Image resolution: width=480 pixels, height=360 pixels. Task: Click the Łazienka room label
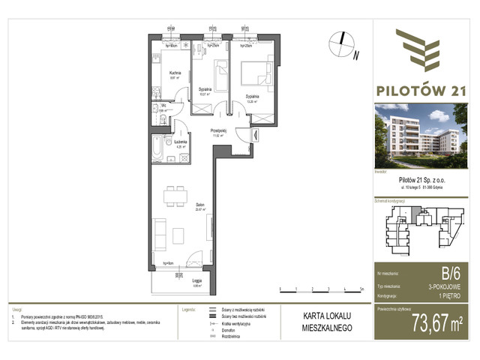point(180,142)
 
